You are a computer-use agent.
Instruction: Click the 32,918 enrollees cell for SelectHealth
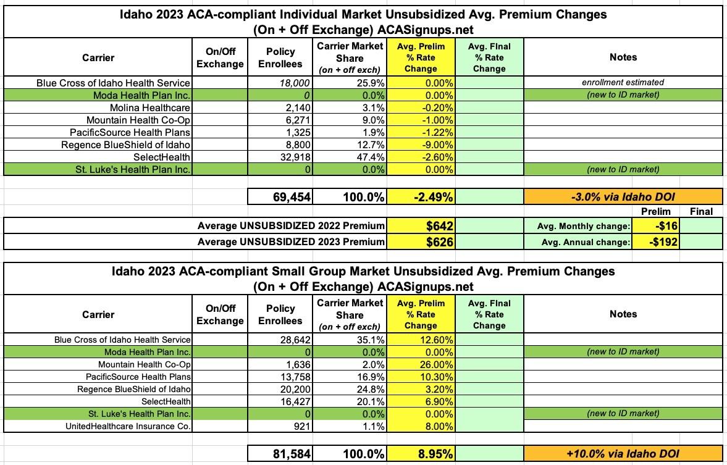point(290,157)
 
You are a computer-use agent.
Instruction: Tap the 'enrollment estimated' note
point(623,83)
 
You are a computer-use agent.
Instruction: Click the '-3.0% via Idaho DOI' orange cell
point(623,197)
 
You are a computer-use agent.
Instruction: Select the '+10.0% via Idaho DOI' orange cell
point(623,454)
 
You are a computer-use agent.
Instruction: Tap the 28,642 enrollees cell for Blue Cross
point(290,340)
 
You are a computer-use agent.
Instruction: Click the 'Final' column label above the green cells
point(700,212)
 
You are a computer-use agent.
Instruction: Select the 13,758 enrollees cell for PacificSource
point(290,377)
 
